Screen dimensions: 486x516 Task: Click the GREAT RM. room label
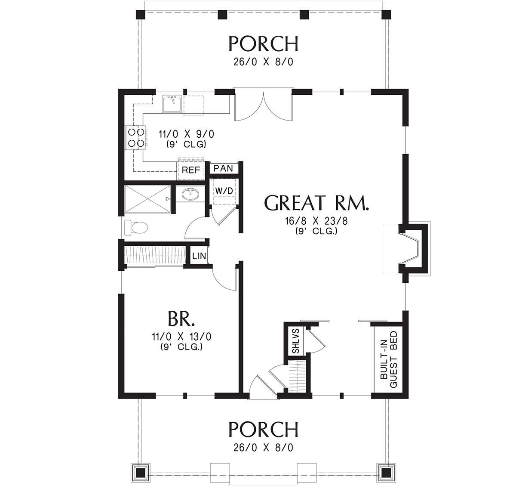317,203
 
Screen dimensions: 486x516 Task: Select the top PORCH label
263,43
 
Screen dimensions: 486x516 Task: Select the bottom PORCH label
263,429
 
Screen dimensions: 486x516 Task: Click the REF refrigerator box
191,170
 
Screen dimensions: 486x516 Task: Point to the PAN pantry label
223,168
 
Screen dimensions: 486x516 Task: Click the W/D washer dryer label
224,190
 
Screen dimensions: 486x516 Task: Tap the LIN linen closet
199,256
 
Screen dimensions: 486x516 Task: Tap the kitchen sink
172,105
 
